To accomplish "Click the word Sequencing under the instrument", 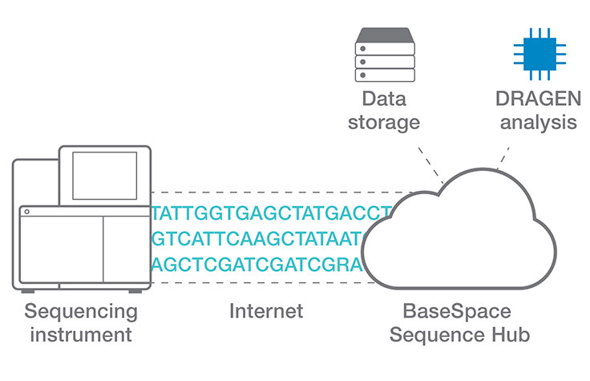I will (x=80, y=310).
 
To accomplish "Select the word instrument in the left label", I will (x=80, y=334).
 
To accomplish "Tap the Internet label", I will (x=266, y=310).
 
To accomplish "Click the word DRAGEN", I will (x=535, y=100).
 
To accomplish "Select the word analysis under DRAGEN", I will (x=535, y=123).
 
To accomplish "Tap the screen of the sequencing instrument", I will (x=104, y=176).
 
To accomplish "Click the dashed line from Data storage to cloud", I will (x=431, y=164).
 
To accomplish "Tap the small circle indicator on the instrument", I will (x=26, y=212).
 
